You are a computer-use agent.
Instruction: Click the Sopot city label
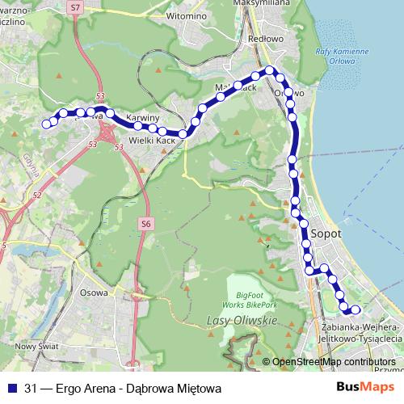click(325, 233)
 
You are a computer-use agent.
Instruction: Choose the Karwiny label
click(141, 115)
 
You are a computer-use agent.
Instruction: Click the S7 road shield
click(75, 6)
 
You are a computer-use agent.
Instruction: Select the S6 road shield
click(145, 223)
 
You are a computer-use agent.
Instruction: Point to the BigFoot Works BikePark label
click(250, 301)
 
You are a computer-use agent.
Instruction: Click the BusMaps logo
click(366, 388)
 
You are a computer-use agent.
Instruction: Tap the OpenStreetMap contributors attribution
click(334, 361)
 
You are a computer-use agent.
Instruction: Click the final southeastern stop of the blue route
click(355, 309)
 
